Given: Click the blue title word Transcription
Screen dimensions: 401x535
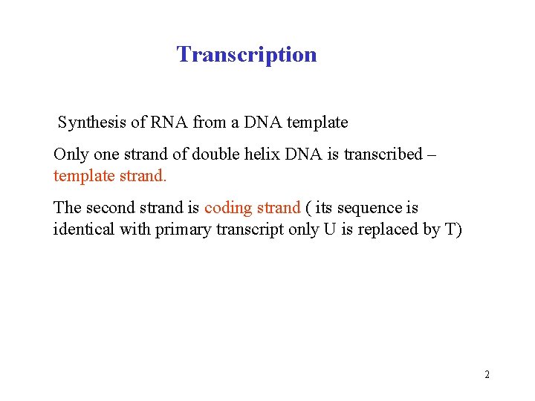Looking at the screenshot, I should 247,54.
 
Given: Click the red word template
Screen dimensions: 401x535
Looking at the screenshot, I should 84,177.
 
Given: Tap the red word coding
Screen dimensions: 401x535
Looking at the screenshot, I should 229,208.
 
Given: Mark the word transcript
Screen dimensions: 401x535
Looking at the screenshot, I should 249,229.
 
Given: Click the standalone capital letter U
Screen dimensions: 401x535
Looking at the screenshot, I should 329,229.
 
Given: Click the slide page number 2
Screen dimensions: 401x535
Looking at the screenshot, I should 487,374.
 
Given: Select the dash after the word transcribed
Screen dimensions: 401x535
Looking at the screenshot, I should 432,155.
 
